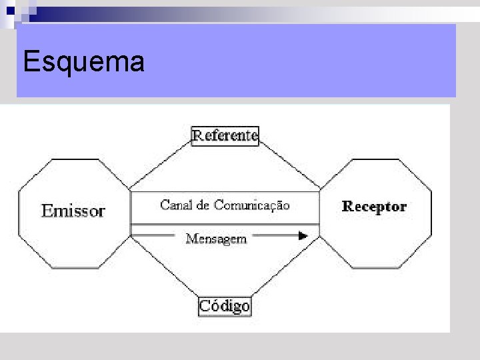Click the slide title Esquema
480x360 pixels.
pyautogui.click(x=83, y=62)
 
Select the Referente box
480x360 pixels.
pyautogui.click(x=225, y=136)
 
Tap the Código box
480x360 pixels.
pyautogui.click(x=225, y=306)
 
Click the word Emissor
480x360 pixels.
pyautogui.click(x=73, y=211)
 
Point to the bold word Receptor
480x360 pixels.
pyautogui.click(x=374, y=207)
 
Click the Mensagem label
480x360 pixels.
pyautogui.click(x=216, y=238)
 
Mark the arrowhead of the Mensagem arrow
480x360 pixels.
pyautogui.click(x=303, y=235)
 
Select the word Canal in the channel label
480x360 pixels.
pyautogui.click(x=175, y=205)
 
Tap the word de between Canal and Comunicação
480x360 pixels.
pyautogui.click(x=203, y=205)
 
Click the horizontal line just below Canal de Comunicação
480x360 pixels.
pyautogui.click(x=225, y=223)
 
